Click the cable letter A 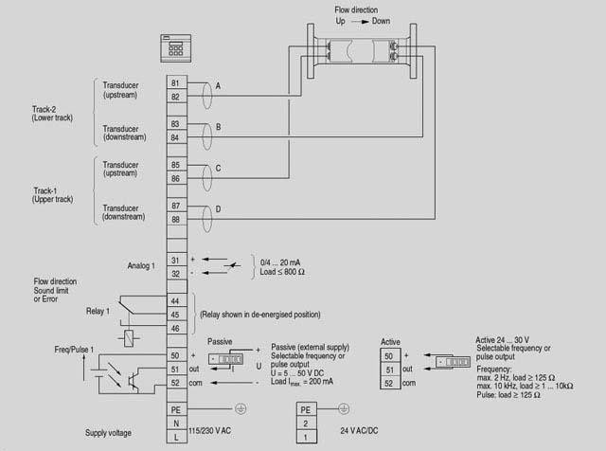218,86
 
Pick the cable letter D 218,208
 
